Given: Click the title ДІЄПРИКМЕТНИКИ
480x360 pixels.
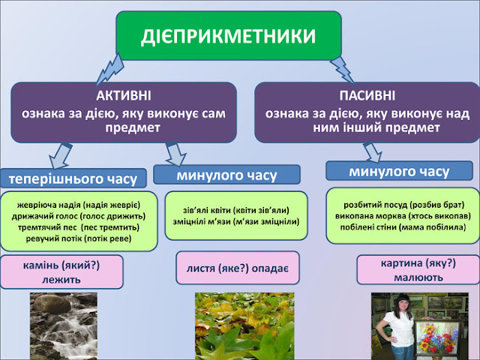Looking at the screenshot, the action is point(228,36).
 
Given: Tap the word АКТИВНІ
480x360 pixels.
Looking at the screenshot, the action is point(124,95).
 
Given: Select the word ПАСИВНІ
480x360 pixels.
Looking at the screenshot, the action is point(367,95).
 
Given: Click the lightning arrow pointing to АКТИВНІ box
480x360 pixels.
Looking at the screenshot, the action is point(109,71).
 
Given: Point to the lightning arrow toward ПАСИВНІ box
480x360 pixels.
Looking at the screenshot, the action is point(342,71).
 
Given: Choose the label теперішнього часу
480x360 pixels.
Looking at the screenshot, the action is point(73,178).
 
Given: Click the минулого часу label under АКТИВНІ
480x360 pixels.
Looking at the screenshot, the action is point(226,175).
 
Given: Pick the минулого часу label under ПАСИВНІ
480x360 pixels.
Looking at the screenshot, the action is point(399,172).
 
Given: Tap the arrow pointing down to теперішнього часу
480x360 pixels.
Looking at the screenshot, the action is point(60,155).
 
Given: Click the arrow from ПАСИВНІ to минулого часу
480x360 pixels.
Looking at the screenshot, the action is point(373,152).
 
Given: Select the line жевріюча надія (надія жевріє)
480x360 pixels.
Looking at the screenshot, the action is point(79,205).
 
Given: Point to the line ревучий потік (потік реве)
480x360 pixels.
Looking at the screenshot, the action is point(79,238).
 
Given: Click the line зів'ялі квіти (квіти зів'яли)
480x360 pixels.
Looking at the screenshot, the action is point(236,210).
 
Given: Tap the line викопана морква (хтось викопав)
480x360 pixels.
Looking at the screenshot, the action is point(403,216).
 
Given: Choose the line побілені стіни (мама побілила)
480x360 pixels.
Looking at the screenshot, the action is point(403,227).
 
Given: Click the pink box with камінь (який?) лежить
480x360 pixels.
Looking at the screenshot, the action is point(61,271).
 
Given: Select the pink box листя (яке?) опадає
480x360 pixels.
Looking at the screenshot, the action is point(238,268).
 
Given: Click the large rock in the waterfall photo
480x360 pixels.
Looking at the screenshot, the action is point(52,304).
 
